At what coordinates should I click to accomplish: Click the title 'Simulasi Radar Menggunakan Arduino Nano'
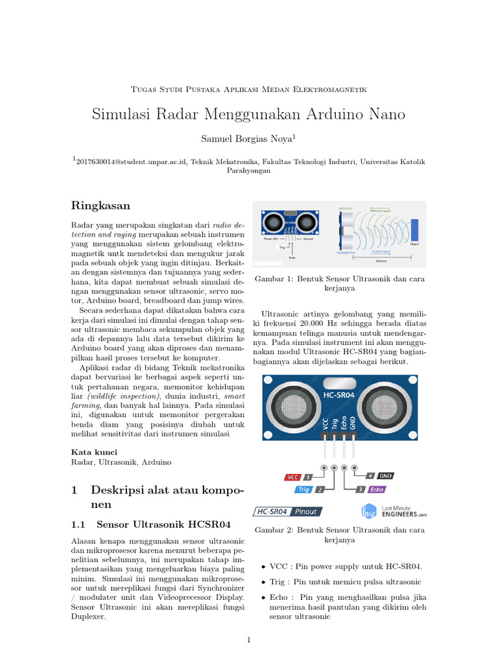[248, 114]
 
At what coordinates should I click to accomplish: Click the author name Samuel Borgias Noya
[248, 138]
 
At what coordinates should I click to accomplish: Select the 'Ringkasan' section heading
[101, 206]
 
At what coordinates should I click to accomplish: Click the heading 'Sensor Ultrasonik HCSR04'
[163, 523]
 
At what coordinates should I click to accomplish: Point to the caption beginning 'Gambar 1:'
[340, 283]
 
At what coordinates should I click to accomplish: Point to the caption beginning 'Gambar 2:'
[340, 534]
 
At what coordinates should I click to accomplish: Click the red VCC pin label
[293, 477]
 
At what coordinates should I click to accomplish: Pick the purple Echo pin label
[377, 490]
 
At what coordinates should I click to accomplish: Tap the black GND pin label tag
[385, 475]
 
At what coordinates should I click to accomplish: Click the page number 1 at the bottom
[248, 640]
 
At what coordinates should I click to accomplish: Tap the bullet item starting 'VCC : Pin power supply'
[345, 566]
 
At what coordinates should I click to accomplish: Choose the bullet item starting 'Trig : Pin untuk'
[345, 582]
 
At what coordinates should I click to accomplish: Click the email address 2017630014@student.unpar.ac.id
[132, 162]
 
